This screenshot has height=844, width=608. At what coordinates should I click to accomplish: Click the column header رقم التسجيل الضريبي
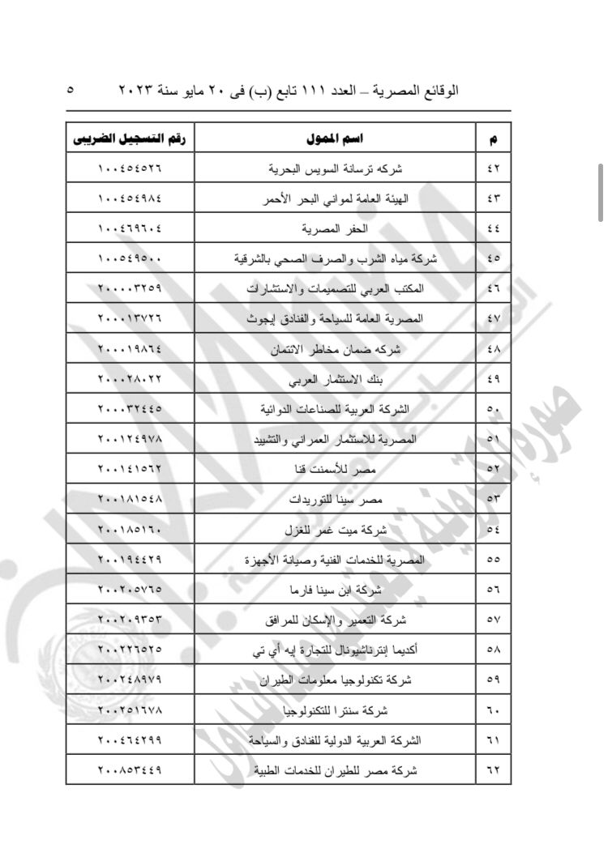130,139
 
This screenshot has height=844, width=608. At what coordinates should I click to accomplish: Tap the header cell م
494,139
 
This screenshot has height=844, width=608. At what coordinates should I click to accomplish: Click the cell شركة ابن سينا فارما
340,589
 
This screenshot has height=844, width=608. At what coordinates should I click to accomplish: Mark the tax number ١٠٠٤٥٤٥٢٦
130,169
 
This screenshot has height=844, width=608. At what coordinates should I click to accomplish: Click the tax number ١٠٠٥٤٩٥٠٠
130,259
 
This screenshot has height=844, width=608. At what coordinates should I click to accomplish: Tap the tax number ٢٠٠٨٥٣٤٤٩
130,769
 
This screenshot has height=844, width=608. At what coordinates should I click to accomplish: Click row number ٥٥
494,559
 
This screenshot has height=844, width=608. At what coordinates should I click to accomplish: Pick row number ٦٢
494,769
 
